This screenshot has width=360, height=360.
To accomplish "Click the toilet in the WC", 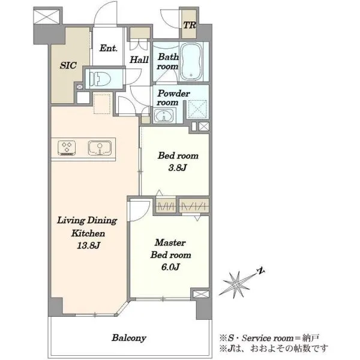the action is click(x=100, y=79).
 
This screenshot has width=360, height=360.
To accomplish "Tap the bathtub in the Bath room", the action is click(x=191, y=61).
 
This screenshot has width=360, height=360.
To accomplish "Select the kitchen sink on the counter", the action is click(x=100, y=148).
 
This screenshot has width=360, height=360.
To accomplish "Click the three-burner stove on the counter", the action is click(x=67, y=148).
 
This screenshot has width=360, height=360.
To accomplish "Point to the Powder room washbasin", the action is click(x=164, y=115).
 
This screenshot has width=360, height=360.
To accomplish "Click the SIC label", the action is click(x=68, y=65).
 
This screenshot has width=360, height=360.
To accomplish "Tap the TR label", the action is click(x=190, y=25).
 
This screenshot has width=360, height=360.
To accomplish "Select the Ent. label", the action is click(x=109, y=48).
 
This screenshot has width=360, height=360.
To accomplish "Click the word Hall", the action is click(x=139, y=59).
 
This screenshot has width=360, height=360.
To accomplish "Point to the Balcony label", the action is click(x=129, y=338).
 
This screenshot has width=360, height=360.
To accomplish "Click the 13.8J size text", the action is click(x=88, y=245).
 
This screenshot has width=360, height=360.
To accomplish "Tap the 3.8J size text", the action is click(x=177, y=168).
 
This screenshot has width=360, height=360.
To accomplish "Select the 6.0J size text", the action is click(x=170, y=267).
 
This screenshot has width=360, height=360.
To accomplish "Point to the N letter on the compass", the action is click(x=260, y=271).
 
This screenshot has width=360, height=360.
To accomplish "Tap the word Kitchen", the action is click(x=88, y=233).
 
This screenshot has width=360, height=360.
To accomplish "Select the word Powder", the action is click(x=174, y=94).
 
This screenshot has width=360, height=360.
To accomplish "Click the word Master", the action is click(x=170, y=242).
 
